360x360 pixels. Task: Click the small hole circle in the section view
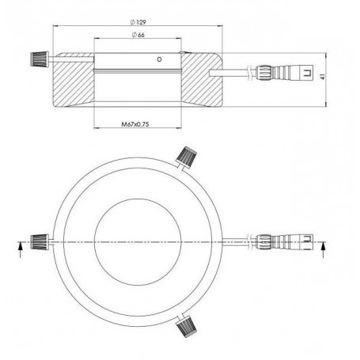(159, 59)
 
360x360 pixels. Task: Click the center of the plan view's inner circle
(140, 241)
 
